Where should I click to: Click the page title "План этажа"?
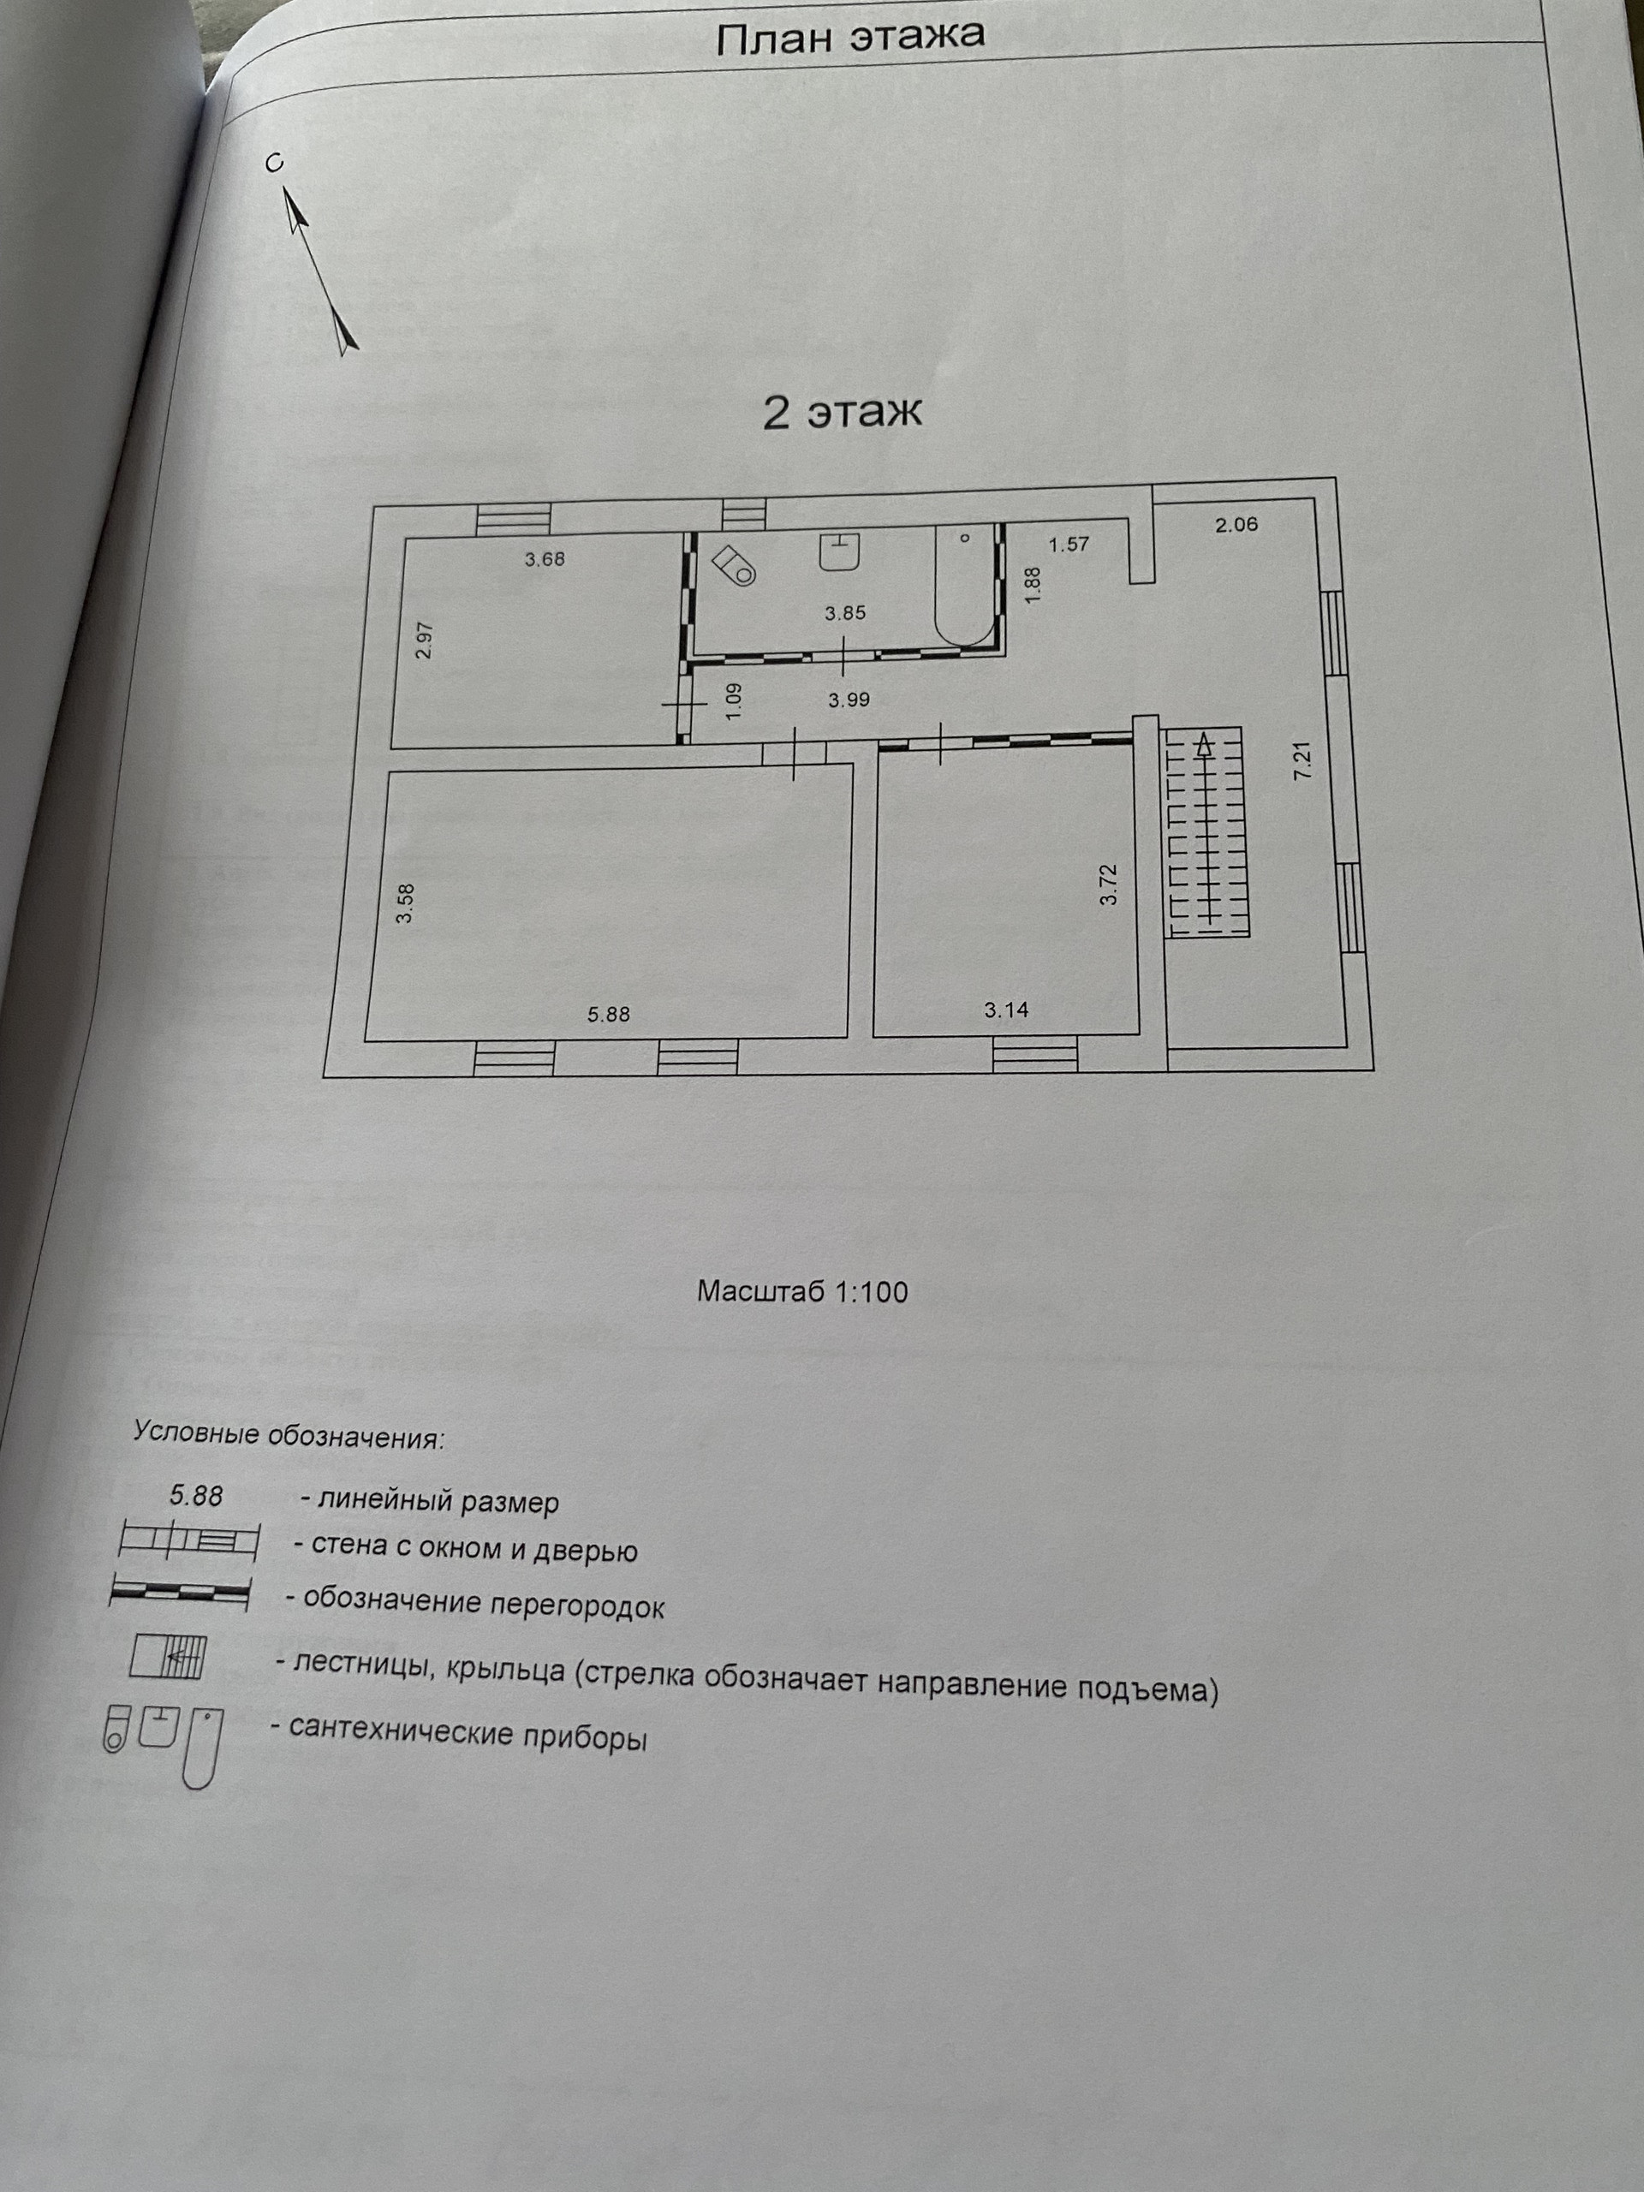pos(849,38)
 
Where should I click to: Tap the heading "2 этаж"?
pos(842,411)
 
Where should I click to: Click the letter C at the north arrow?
pos(276,163)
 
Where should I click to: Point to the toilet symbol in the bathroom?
pos(736,565)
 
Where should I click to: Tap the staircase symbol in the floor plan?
pos(1205,831)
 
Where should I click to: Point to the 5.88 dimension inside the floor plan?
pos(607,1014)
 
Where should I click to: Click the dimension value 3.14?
pos(1006,1010)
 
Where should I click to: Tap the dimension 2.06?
pos(1236,524)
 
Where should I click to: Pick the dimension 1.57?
pos(1069,544)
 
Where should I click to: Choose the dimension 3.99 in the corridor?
pos(849,700)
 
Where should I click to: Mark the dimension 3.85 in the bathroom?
pos(844,613)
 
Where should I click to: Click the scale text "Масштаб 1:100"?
pos(801,1291)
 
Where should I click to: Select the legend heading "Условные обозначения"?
pos(289,1435)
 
